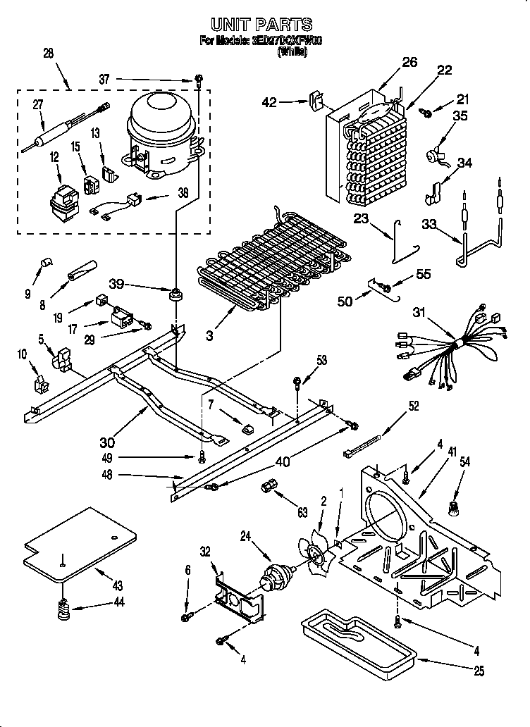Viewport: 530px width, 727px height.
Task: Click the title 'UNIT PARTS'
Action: click(261, 26)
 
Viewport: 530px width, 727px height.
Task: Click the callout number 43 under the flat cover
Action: click(117, 585)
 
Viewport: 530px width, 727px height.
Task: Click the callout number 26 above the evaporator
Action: click(409, 61)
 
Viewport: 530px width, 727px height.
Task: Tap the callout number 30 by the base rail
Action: click(107, 442)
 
